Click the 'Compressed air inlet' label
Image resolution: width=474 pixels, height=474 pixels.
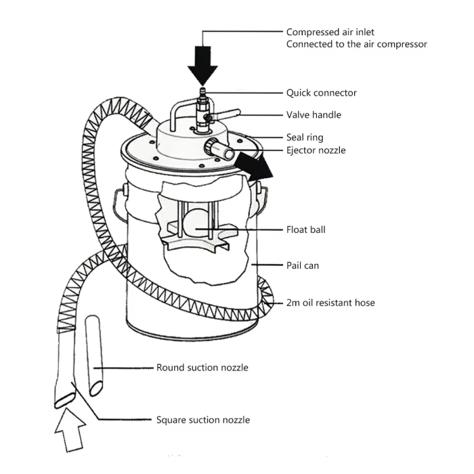pyautogui.click(x=330, y=32)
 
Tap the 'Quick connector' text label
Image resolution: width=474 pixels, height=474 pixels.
pyautogui.click(x=321, y=93)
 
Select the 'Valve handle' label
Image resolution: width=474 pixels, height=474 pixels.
pyautogui.click(x=314, y=115)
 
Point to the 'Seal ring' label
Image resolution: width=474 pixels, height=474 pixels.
pyautogui.click(x=305, y=137)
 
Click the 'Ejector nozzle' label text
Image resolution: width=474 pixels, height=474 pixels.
pyautogui.click(x=316, y=150)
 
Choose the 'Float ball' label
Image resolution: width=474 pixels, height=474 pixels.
pyautogui.click(x=305, y=230)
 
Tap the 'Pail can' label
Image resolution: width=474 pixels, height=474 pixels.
pyautogui.click(x=302, y=265)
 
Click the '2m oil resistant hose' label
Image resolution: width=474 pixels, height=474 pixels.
pyautogui.click(x=330, y=303)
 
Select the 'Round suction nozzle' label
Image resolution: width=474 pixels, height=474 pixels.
pyautogui.click(x=202, y=368)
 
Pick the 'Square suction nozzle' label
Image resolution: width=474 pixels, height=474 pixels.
pyautogui.click(x=202, y=420)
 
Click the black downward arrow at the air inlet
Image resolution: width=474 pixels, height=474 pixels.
pyautogui.click(x=202, y=64)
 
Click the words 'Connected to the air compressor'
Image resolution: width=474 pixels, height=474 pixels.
pyautogui.click(x=356, y=44)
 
